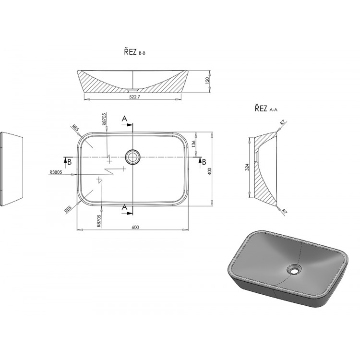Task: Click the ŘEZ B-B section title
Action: point(135,52)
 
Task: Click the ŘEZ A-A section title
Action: point(266,108)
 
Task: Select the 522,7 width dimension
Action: point(134,97)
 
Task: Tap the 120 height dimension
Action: point(207,81)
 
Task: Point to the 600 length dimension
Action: point(135,228)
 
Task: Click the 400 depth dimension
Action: point(210,171)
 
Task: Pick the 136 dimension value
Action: point(193,144)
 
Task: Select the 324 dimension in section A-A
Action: point(247,167)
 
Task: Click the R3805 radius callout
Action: point(56,172)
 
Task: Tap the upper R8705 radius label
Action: point(104,119)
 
